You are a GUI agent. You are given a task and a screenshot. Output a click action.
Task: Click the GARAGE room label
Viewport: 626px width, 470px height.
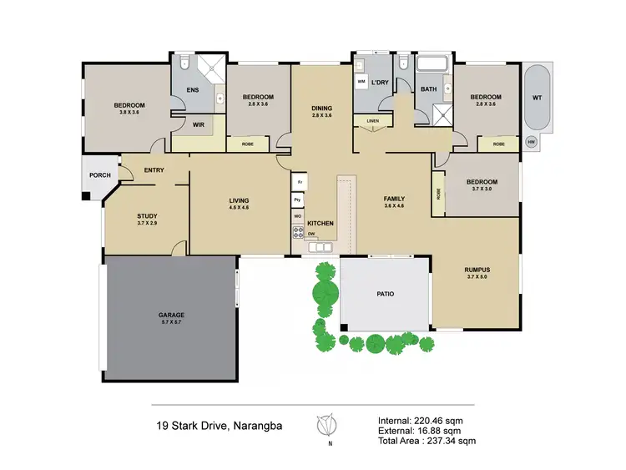pyautogui.click(x=171, y=315)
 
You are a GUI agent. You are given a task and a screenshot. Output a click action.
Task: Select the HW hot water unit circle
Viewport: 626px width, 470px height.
pyautogui.click(x=532, y=142)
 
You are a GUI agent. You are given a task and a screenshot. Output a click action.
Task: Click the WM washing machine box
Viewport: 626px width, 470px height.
pyautogui.click(x=361, y=82)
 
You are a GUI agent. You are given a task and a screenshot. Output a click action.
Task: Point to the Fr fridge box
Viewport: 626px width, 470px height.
pyautogui.click(x=297, y=182)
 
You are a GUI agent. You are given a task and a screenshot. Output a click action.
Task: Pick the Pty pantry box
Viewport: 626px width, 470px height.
pyautogui.click(x=297, y=200)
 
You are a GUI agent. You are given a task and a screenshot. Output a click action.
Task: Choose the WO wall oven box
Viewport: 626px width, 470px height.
pyautogui.click(x=297, y=217)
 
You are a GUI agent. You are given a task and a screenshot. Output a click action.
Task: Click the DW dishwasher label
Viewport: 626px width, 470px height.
pyautogui.click(x=310, y=234)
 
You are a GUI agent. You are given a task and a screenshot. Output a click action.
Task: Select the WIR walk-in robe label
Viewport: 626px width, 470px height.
pyautogui.click(x=199, y=125)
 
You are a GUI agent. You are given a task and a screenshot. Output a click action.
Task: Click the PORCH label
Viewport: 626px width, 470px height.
pyautogui.click(x=100, y=175)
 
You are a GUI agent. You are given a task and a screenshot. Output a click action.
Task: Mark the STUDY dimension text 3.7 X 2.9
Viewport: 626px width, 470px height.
pyautogui.click(x=148, y=225)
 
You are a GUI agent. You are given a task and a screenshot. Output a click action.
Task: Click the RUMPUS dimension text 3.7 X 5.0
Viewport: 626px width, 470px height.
pyautogui.click(x=477, y=278)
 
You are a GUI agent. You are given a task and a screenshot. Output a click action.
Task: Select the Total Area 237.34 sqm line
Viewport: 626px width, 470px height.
pyautogui.click(x=426, y=440)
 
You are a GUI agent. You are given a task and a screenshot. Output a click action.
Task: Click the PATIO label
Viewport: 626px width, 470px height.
pyautogui.click(x=385, y=294)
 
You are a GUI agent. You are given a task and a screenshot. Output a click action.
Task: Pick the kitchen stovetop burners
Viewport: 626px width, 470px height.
pyautogui.click(x=297, y=233)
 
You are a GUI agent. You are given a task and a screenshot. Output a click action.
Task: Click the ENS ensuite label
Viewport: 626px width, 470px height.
pyautogui.click(x=192, y=89)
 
